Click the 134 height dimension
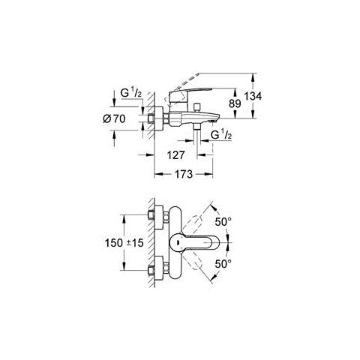click(x=253, y=96)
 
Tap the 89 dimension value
click(x=235, y=103)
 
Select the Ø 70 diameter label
click(x=114, y=119)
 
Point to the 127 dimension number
click(x=175, y=155)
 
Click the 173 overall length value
click(x=184, y=174)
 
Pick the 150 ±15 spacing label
click(x=124, y=243)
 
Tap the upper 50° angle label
click(x=223, y=222)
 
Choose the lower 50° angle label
click(x=223, y=264)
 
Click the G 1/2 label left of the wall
click(x=131, y=93)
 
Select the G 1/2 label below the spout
click(x=221, y=135)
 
